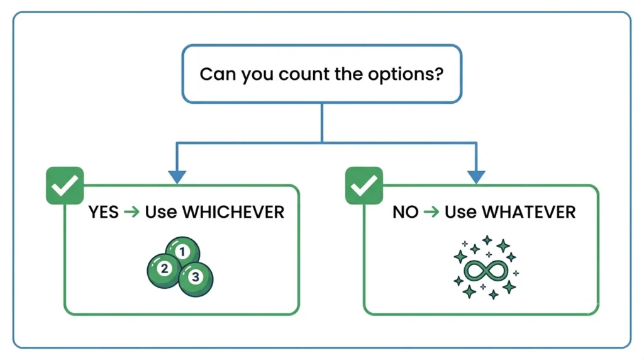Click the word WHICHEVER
pyautogui.click(x=233, y=212)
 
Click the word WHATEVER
pyautogui.click(x=528, y=212)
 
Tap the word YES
pyautogui.click(x=104, y=212)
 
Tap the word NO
pyautogui.click(x=406, y=212)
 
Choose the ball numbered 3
pyautogui.click(x=196, y=279)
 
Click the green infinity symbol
pyautogui.click(x=486, y=271)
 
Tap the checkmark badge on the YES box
pyautogui.click(x=65, y=185)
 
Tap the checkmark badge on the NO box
pyautogui.click(x=364, y=185)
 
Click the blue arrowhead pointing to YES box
pyautogui.click(x=177, y=177)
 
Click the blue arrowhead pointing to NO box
pyautogui.click(x=476, y=177)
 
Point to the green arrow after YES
pyautogui.click(x=132, y=212)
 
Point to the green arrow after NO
pyautogui.click(x=431, y=212)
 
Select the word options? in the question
pyautogui.click(x=406, y=75)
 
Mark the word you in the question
pyautogui.click(x=257, y=76)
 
